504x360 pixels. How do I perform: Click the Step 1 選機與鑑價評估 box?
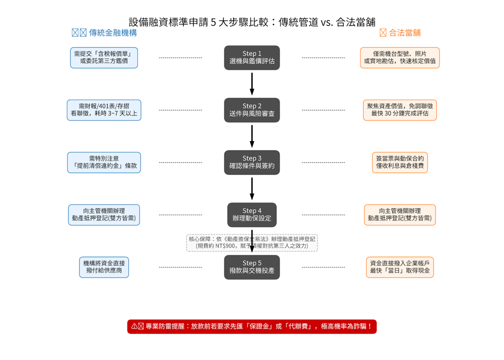(x=251, y=57)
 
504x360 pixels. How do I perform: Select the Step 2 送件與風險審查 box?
(x=251, y=110)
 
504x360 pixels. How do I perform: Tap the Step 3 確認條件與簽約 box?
(x=251, y=162)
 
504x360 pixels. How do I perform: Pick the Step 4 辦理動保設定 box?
(x=251, y=214)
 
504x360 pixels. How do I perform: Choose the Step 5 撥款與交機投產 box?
(x=251, y=267)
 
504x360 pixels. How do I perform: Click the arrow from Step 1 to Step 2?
(x=252, y=83)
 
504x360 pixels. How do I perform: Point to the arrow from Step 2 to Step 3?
(x=252, y=136)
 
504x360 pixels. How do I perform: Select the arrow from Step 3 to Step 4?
(x=252, y=188)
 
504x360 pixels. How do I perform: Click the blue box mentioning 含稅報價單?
(x=104, y=57)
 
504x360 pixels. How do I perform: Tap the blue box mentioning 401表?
(x=104, y=110)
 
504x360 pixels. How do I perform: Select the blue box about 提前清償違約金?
(x=104, y=162)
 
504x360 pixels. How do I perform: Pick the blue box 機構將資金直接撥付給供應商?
(x=104, y=267)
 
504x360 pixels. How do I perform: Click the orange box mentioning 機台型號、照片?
(x=399, y=57)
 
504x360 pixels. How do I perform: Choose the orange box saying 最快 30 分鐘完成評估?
(x=399, y=110)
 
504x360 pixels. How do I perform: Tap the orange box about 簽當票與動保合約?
(x=399, y=162)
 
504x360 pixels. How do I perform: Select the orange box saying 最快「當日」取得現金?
(x=399, y=267)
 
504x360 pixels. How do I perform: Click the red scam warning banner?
(x=251, y=326)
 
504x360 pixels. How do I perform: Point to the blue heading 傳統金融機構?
(x=104, y=33)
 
